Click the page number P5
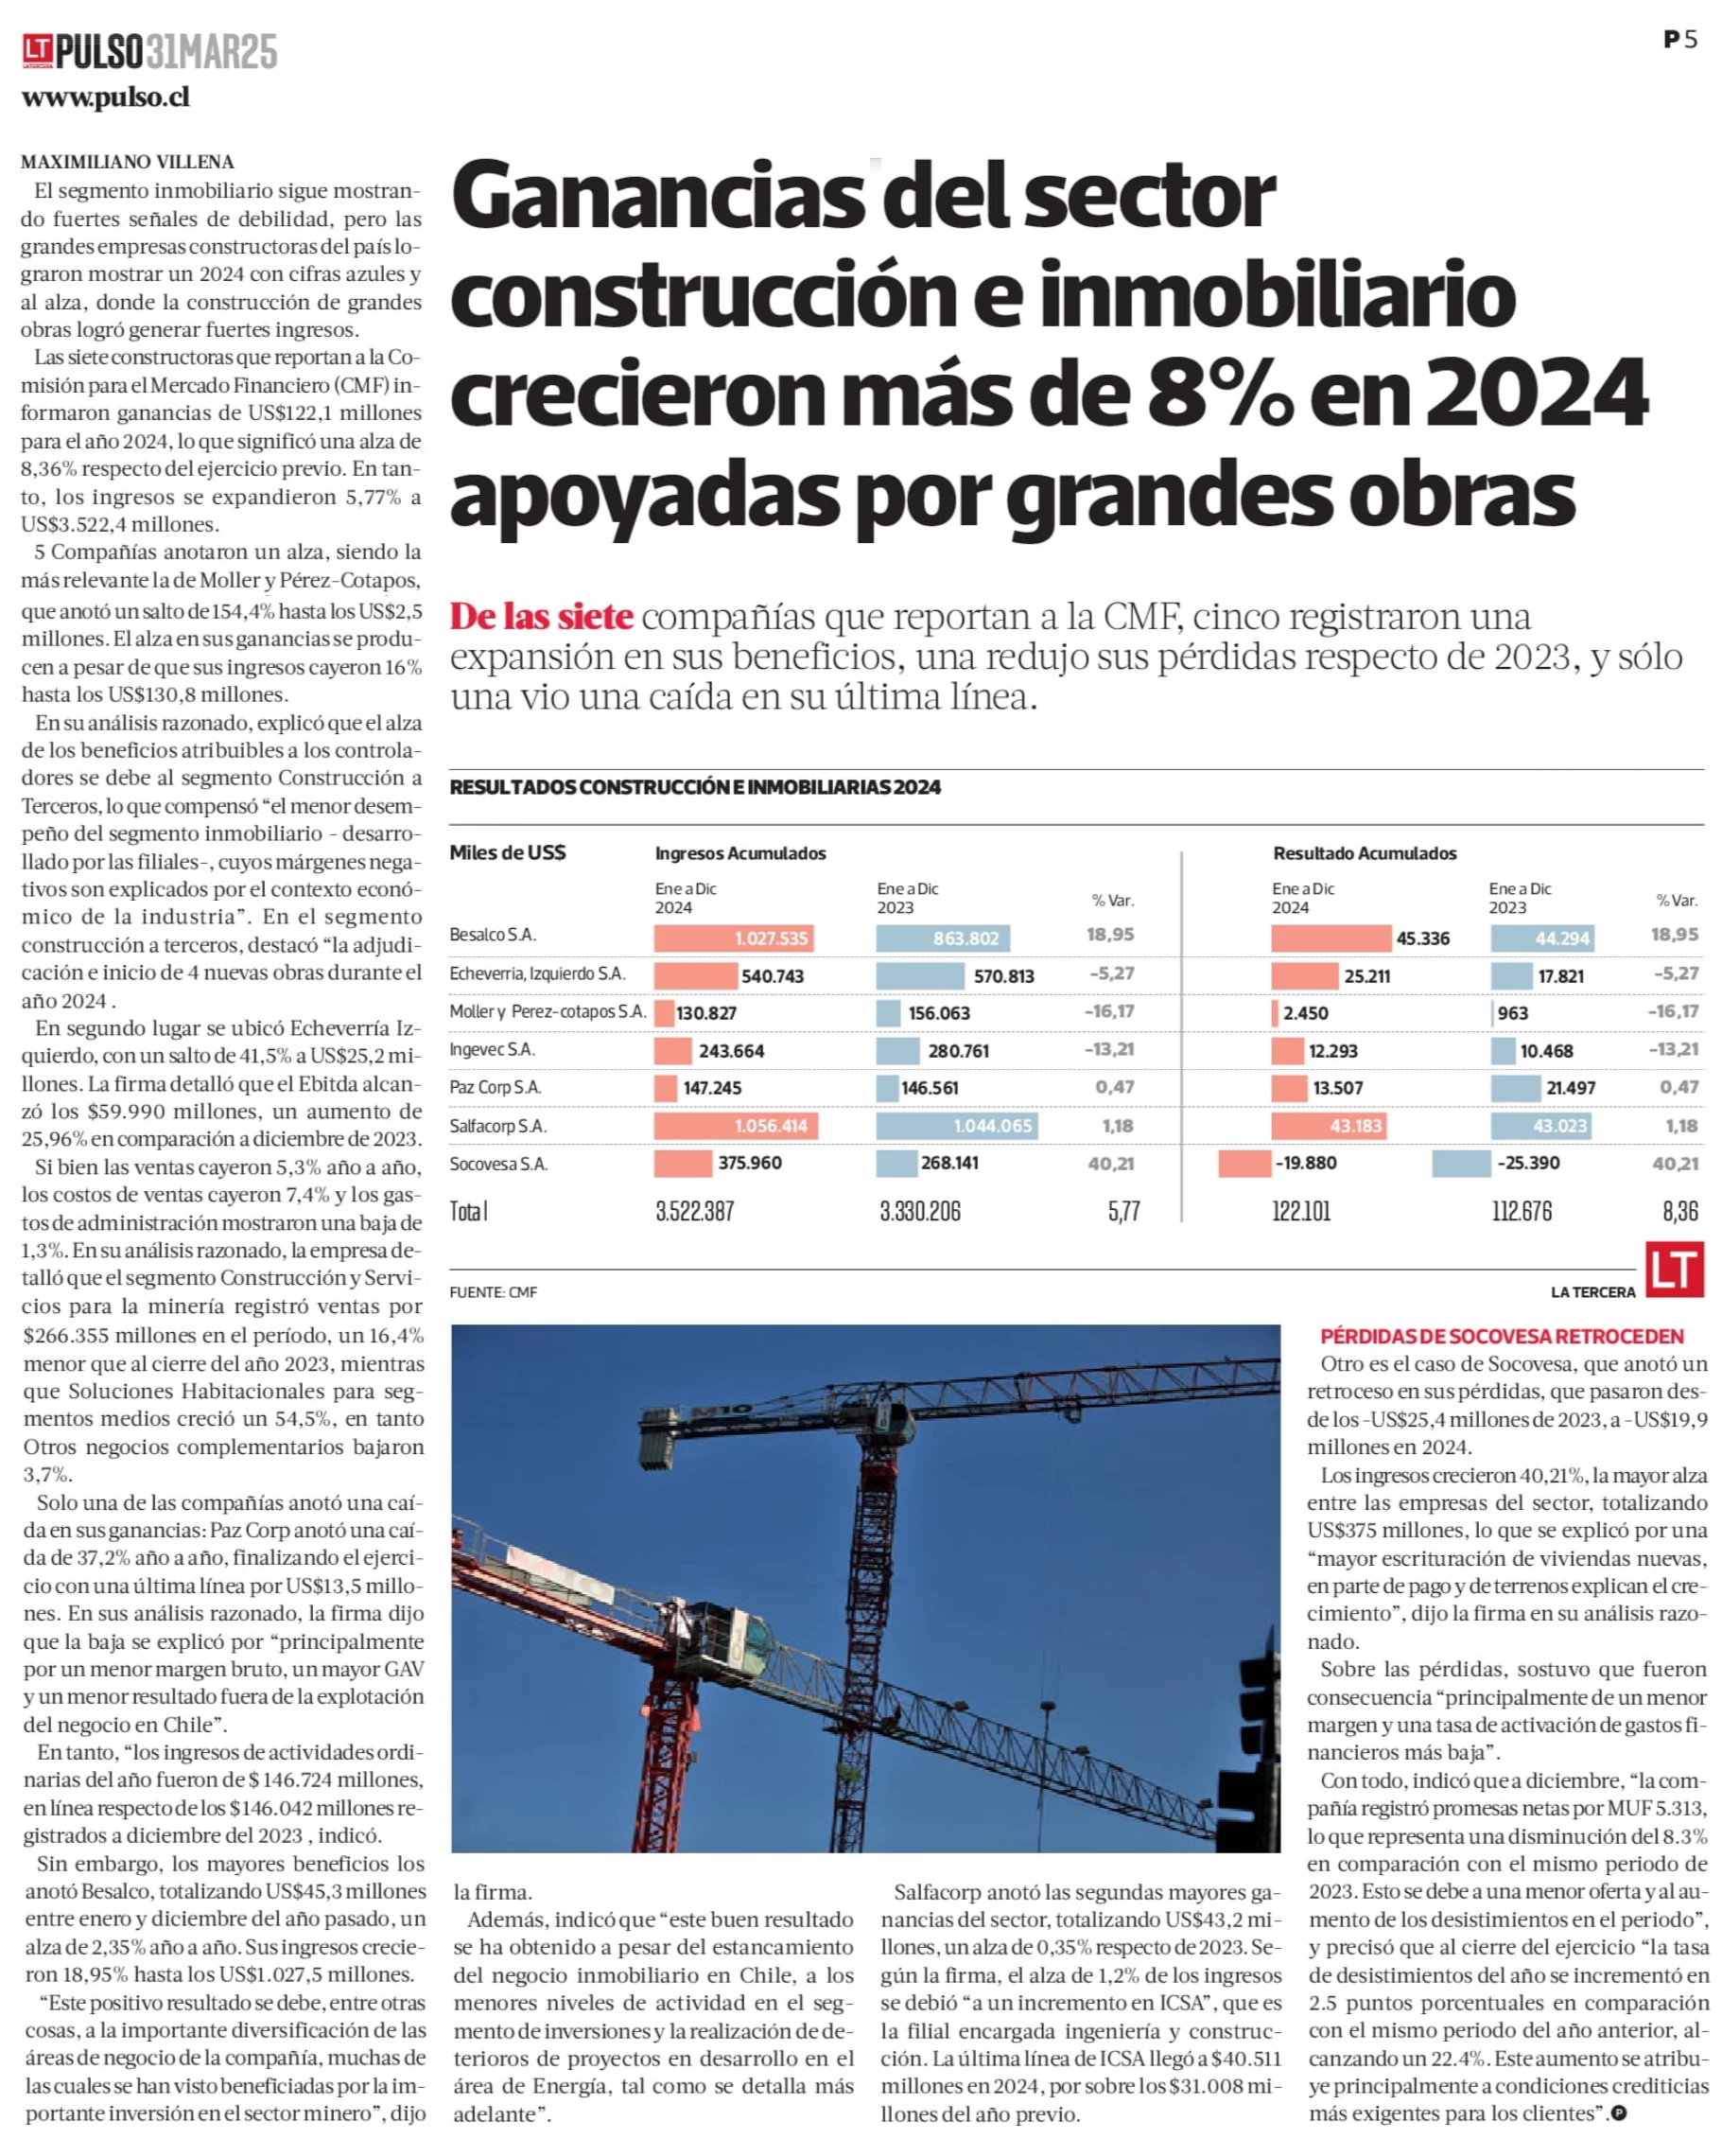(x=1680, y=40)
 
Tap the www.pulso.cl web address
(x=105, y=97)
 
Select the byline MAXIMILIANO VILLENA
(x=128, y=162)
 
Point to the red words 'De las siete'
(x=542, y=616)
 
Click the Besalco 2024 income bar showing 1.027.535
(x=734, y=938)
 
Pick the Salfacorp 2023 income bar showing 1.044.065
(x=957, y=1126)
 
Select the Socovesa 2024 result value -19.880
(x=1306, y=1163)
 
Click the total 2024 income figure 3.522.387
(x=694, y=1211)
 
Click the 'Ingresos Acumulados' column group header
(x=740, y=853)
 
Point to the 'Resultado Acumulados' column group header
(x=1365, y=853)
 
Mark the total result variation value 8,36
(x=1680, y=1211)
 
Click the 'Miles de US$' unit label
(x=508, y=852)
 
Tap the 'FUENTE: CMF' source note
(x=493, y=1291)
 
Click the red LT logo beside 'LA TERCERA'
(x=1675, y=1269)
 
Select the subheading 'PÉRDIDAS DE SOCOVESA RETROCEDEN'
(x=1502, y=1337)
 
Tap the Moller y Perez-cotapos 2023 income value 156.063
(x=938, y=1013)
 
